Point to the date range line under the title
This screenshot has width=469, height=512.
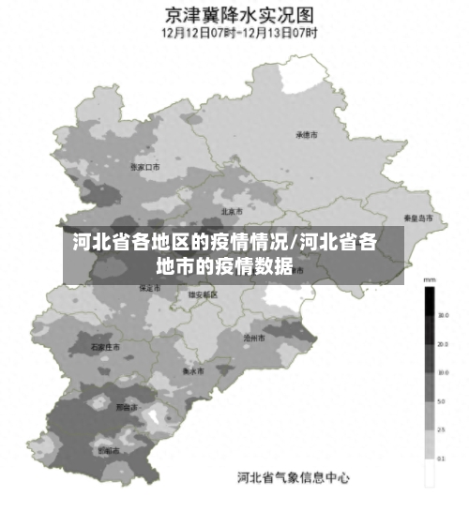point(239,32)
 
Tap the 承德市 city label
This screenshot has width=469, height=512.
point(307,135)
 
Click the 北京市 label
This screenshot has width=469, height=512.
point(232,211)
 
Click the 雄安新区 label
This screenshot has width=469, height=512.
point(203,294)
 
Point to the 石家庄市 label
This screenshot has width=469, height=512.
point(106,347)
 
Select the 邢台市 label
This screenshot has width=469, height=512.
point(126,408)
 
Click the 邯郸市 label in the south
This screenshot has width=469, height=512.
point(109,451)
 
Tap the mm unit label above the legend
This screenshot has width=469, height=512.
point(430,279)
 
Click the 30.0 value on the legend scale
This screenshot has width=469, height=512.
point(441,316)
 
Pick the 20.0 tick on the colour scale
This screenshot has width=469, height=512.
point(441,344)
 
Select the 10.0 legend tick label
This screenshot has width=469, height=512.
point(441,373)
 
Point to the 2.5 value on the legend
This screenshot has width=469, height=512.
point(441,430)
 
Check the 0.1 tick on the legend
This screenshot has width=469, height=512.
point(441,459)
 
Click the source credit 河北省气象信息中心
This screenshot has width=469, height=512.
point(293,477)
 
